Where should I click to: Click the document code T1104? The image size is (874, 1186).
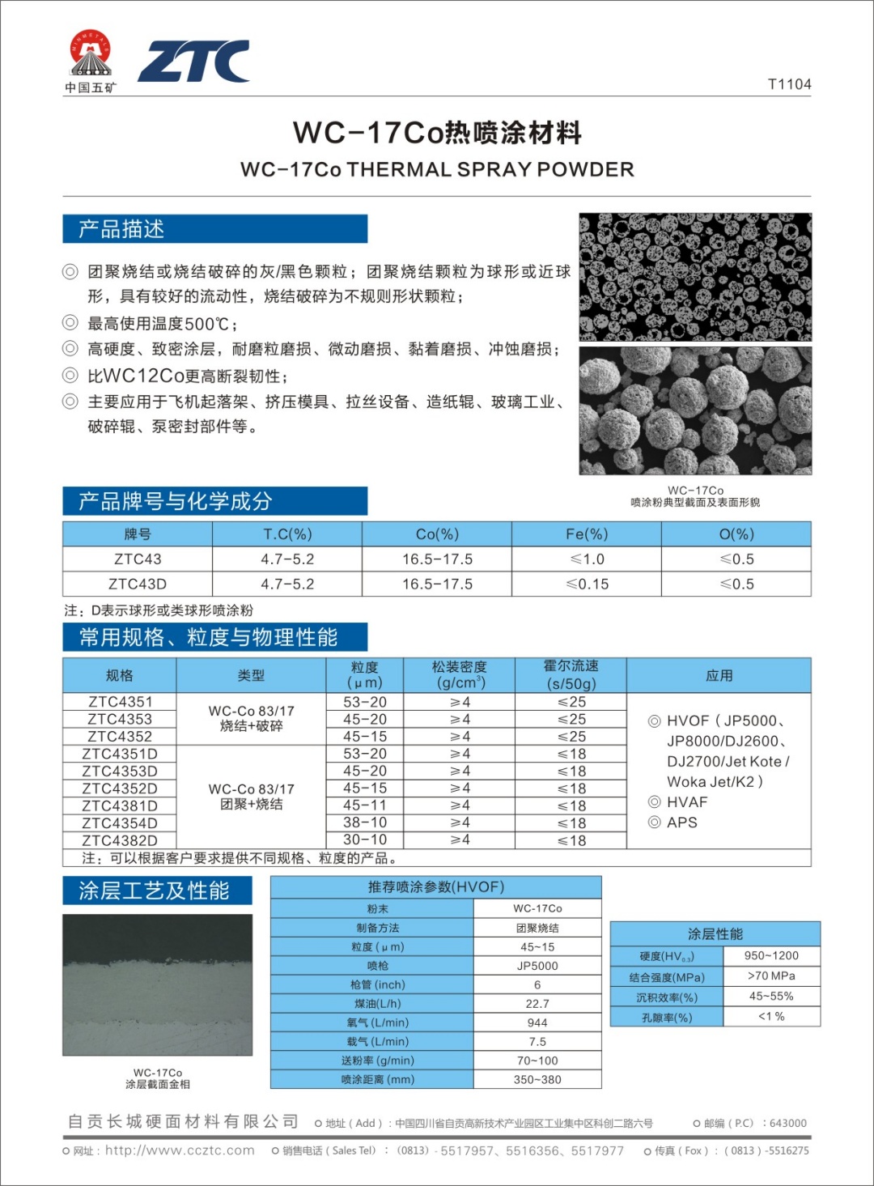coord(789,84)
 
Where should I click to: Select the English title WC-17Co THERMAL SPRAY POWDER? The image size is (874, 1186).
coord(437,169)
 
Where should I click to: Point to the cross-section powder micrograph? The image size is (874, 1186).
coord(695,276)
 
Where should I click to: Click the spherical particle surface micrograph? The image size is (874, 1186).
coord(695,410)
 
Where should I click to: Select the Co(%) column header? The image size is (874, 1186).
coord(437,534)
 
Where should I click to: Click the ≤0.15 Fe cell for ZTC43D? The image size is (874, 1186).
coord(587,584)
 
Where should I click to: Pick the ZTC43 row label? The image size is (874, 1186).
coord(138,559)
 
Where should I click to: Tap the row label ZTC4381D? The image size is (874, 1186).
coord(120,806)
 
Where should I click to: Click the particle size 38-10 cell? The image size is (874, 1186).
coord(365,823)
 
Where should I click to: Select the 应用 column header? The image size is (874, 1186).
coord(719,675)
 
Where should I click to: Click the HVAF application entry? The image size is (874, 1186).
coord(687,801)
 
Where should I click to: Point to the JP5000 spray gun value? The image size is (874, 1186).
coord(537,966)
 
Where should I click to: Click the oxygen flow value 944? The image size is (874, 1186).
coord(537,1022)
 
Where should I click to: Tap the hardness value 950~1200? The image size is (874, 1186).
coord(771,955)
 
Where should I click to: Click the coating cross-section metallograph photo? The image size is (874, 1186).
coord(158,984)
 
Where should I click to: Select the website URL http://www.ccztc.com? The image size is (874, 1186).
coord(180,1150)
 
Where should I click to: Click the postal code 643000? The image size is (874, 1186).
coord(787,1123)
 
